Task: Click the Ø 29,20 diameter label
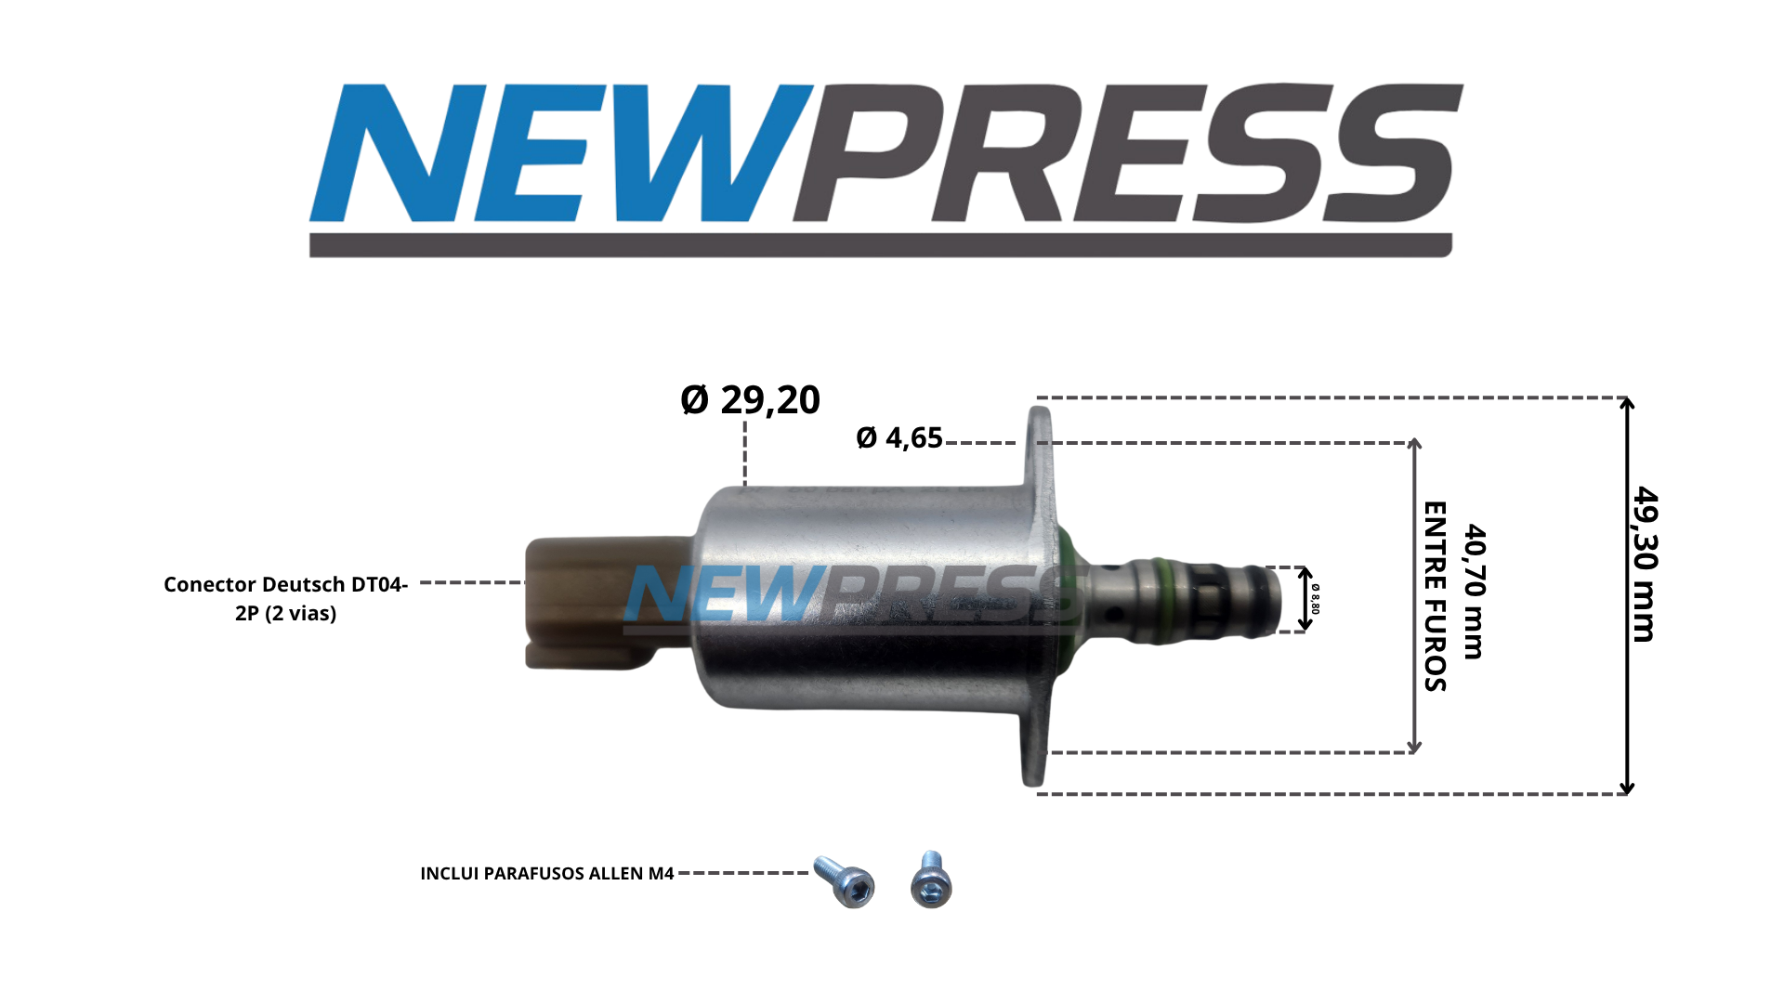(750, 399)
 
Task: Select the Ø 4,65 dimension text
(899, 437)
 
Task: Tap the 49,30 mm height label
(1646, 564)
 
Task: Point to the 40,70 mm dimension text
(1475, 592)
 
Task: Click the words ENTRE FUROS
(1436, 596)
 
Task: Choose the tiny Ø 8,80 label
(1316, 599)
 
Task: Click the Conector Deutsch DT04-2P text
(286, 599)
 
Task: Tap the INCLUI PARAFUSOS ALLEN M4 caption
(546, 873)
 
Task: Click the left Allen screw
(845, 881)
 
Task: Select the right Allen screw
(931, 879)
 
